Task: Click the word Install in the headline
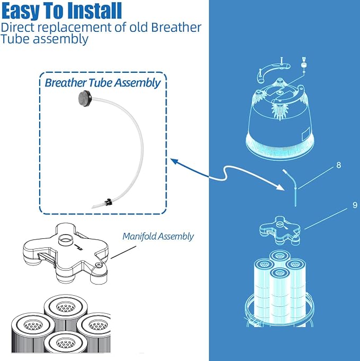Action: click(94, 11)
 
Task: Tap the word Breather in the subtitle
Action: click(176, 27)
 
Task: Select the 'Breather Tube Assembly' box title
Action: click(102, 83)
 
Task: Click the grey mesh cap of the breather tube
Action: click(84, 97)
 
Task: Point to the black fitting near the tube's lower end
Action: click(108, 203)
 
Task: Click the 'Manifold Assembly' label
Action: click(158, 236)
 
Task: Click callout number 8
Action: click(338, 165)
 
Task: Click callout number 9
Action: click(355, 205)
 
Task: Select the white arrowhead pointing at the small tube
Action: click(280, 187)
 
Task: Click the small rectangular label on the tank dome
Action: click(306, 134)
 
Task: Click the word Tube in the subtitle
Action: click(15, 39)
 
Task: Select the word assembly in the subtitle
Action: click(60, 39)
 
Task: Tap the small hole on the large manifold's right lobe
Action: click(98, 265)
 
